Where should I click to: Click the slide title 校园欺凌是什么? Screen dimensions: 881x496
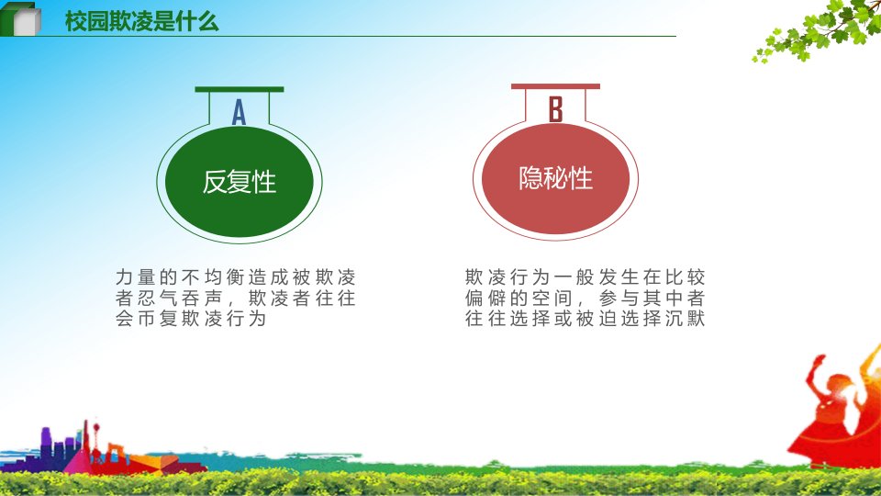click(x=141, y=21)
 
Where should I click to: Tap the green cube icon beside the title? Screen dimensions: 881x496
click(x=21, y=19)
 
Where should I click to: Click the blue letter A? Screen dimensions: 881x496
click(x=239, y=112)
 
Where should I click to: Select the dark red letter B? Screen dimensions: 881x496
click(x=555, y=109)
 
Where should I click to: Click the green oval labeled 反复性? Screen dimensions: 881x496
click(x=240, y=181)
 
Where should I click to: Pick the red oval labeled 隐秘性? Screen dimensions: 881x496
click(x=556, y=178)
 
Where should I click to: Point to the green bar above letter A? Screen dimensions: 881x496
click(x=240, y=89)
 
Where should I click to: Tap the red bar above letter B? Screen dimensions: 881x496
click(x=556, y=86)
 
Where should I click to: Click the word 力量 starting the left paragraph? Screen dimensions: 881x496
click(x=136, y=276)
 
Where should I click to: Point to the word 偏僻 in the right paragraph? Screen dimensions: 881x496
click(x=485, y=298)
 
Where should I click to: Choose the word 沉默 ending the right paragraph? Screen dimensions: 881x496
click(x=686, y=319)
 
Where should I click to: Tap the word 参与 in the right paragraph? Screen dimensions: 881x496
click(x=619, y=298)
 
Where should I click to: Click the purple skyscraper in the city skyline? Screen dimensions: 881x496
click(x=46, y=445)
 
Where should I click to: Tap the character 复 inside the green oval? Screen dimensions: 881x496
click(x=240, y=182)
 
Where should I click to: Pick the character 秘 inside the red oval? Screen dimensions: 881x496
click(x=556, y=178)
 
